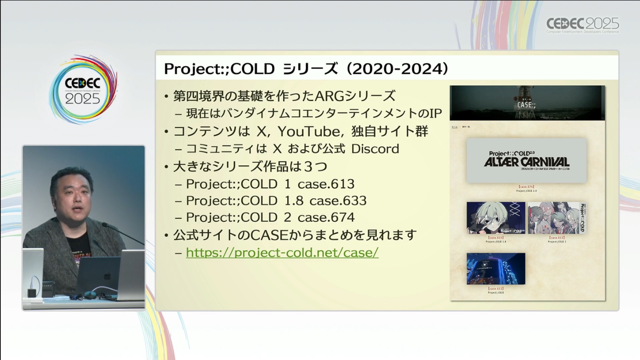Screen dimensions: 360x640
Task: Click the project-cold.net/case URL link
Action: click(x=282, y=253)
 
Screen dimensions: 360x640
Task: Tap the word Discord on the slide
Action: click(x=375, y=149)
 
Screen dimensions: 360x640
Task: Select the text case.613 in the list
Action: click(x=326, y=184)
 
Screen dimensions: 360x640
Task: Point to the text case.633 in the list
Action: click(x=338, y=201)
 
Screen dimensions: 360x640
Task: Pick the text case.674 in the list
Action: click(x=326, y=217)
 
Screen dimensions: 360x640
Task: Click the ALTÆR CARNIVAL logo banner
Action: click(x=526, y=161)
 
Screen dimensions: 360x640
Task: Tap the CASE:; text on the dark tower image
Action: click(x=526, y=105)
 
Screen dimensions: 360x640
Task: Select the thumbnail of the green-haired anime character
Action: click(x=496, y=218)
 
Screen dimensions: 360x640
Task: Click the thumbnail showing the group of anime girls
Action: click(x=557, y=218)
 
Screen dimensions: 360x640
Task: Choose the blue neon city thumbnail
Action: click(x=496, y=269)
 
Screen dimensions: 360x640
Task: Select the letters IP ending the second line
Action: click(x=435, y=114)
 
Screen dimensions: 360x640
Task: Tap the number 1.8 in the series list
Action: click(x=293, y=201)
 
